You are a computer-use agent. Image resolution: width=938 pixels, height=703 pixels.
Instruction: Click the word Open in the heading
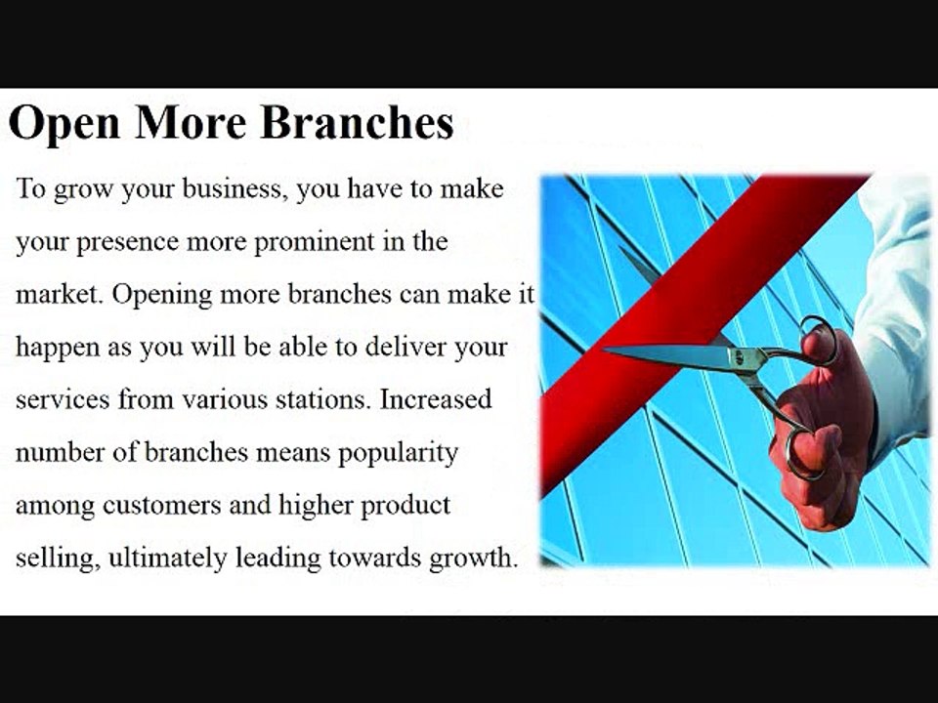[64, 124]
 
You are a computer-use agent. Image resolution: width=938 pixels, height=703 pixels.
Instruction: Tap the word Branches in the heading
[358, 122]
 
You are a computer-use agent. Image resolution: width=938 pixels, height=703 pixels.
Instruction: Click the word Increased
[436, 399]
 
